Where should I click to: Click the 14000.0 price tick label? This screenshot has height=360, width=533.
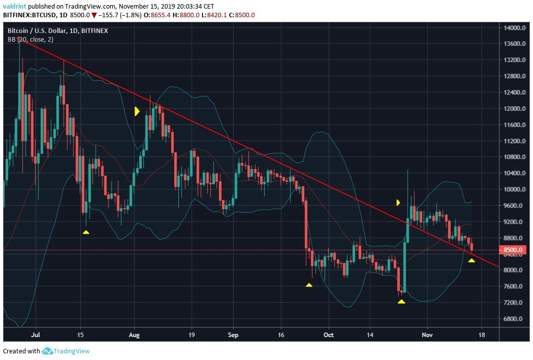515,27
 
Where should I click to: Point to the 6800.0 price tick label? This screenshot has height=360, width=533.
515,319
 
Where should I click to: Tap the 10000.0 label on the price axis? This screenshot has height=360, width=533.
515,189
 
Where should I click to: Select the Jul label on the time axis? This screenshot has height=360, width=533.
36,335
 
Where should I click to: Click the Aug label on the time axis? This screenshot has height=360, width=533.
134,335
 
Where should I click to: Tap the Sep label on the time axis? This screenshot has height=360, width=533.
233,335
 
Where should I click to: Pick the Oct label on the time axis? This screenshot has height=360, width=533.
328,335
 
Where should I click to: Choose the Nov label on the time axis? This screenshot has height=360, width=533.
427,335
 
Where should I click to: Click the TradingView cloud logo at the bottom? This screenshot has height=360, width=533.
48,351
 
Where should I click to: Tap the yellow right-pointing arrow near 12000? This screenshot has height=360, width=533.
137,111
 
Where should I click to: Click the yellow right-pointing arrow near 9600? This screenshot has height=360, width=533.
398,202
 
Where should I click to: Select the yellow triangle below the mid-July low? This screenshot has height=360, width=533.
86,232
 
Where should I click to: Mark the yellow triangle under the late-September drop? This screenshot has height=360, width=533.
309,285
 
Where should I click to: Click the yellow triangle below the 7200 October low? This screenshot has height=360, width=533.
402,302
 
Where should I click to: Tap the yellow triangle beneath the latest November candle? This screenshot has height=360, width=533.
472,260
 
